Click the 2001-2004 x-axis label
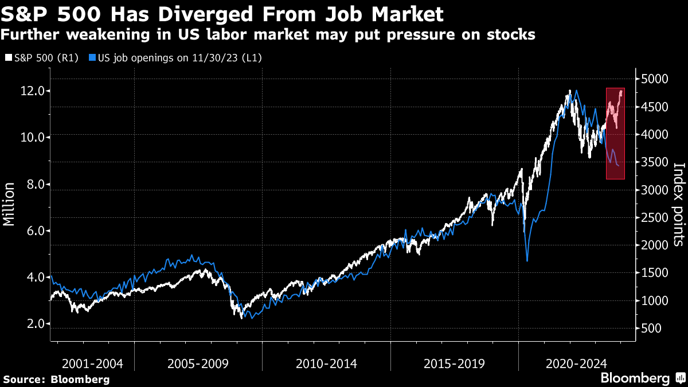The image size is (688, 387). point(92,363)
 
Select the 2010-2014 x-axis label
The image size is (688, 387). point(326,363)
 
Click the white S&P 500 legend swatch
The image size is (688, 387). point(7,58)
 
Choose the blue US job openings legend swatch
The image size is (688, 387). point(92,58)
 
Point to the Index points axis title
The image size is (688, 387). point(678,204)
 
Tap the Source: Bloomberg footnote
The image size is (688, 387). point(56,379)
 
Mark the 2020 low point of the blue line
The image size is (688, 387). point(527,261)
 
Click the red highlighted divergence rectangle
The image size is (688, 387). point(615,133)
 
